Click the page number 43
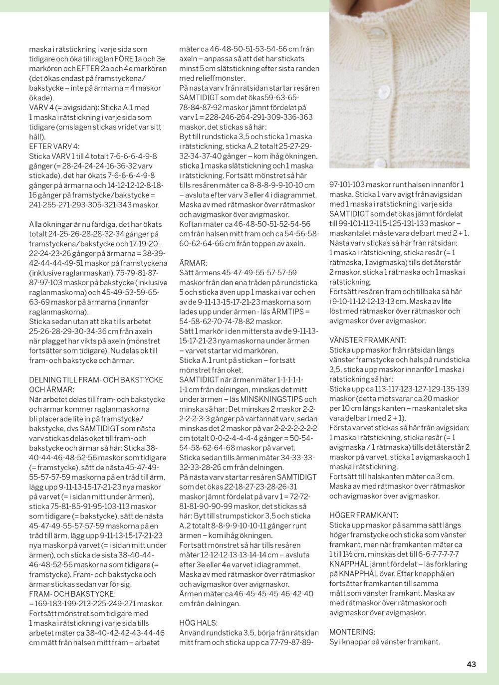coord(471,664)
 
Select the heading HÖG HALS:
coord(198,623)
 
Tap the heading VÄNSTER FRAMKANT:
coord(368,340)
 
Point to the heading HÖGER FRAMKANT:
coord(364,515)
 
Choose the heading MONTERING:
coord(352,632)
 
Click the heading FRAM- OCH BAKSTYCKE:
coord(72,594)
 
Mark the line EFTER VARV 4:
coord(54,147)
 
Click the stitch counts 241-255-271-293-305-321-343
coord(94,205)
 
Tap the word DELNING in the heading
coord(46,380)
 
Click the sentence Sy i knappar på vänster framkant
coord(385,642)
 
